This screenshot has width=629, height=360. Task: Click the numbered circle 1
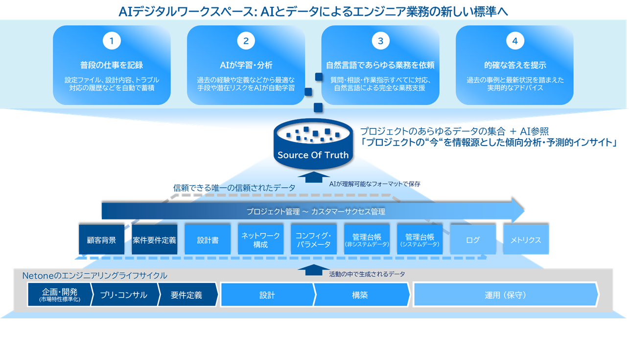click(x=112, y=41)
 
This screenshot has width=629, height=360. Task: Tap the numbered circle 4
click(x=514, y=41)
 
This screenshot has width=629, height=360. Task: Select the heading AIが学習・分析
click(x=246, y=65)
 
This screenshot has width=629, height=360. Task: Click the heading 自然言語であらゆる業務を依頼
click(x=380, y=65)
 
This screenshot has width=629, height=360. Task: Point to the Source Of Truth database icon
click(x=313, y=142)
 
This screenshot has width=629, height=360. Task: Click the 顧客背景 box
click(x=101, y=240)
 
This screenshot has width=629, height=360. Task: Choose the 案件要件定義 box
click(x=154, y=240)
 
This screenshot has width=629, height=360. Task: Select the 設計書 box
click(x=208, y=240)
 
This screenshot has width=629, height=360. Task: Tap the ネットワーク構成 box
click(x=260, y=240)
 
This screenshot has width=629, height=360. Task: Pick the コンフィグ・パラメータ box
click(x=313, y=240)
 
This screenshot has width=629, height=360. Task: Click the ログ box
click(x=473, y=240)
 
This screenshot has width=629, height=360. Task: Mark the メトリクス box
click(x=526, y=240)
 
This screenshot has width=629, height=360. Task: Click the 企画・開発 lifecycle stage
click(x=59, y=295)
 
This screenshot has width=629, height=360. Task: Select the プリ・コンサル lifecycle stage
click(x=123, y=295)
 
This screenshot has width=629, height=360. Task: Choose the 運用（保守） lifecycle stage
click(x=505, y=295)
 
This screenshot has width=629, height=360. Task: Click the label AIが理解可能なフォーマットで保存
click(x=374, y=184)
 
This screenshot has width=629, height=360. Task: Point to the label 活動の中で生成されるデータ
click(x=367, y=274)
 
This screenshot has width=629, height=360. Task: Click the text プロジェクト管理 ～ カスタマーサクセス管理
click(x=316, y=212)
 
